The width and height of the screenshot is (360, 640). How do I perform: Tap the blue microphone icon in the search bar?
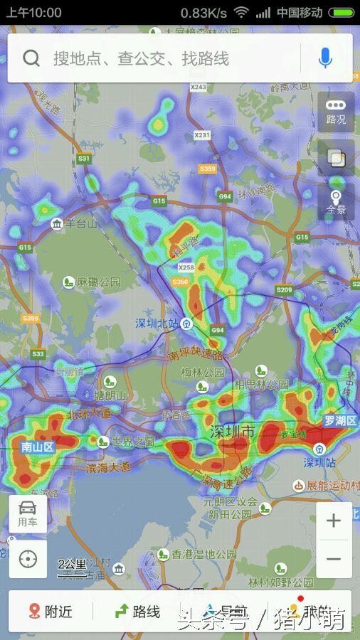325,58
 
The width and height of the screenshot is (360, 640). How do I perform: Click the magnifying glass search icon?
31,58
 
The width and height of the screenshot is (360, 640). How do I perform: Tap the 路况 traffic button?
336,111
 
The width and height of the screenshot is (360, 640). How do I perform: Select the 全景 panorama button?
336,202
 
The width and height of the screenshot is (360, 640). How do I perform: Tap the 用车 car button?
28,513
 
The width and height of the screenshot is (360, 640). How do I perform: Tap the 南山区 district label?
38,447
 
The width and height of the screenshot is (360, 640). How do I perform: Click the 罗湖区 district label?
341,421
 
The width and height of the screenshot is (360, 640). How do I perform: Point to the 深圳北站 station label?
157,324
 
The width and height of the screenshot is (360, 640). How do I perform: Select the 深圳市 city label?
232,432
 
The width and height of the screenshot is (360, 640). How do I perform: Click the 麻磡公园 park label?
98,282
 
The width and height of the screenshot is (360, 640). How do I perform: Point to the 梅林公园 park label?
202,372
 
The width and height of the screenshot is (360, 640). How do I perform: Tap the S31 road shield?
84,158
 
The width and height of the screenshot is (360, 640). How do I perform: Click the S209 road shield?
284,289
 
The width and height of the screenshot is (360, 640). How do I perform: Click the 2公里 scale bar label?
72,565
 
